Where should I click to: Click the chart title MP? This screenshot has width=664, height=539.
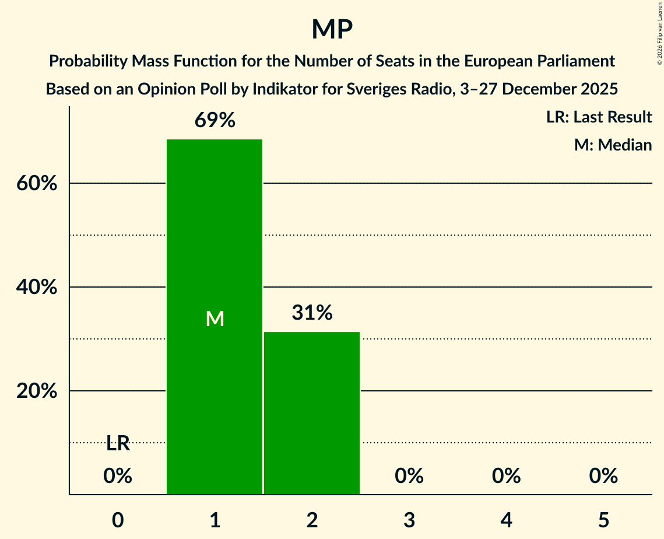pyautogui.click(x=332, y=29)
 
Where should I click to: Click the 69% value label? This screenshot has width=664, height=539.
pyautogui.click(x=215, y=120)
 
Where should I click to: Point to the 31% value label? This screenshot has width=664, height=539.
pyautogui.click(x=312, y=313)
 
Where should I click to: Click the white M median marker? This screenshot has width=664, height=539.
pyautogui.click(x=215, y=318)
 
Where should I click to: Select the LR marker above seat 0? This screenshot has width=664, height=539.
pyautogui.click(x=118, y=444)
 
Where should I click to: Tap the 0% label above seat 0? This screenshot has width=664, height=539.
pyautogui.click(x=118, y=476)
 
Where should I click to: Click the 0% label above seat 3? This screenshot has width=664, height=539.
pyautogui.click(x=409, y=476)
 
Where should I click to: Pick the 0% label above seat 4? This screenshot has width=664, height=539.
pyautogui.click(x=506, y=476)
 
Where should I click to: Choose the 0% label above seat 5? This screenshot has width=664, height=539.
pyautogui.click(x=603, y=476)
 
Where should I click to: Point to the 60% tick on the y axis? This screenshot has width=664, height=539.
pyautogui.click(x=37, y=184)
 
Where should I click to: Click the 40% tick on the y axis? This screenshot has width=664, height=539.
pyautogui.click(x=37, y=288)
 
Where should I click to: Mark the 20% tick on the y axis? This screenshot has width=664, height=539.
pyautogui.click(x=37, y=391)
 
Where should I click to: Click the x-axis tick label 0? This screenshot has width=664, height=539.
pyautogui.click(x=118, y=520)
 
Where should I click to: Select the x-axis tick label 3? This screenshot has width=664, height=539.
pyautogui.click(x=409, y=520)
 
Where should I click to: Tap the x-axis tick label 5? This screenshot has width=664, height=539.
pyautogui.click(x=603, y=520)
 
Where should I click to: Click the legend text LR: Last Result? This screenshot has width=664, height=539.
pyautogui.click(x=599, y=117)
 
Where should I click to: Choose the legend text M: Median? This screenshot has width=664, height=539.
pyautogui.click(x=613, y=145)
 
